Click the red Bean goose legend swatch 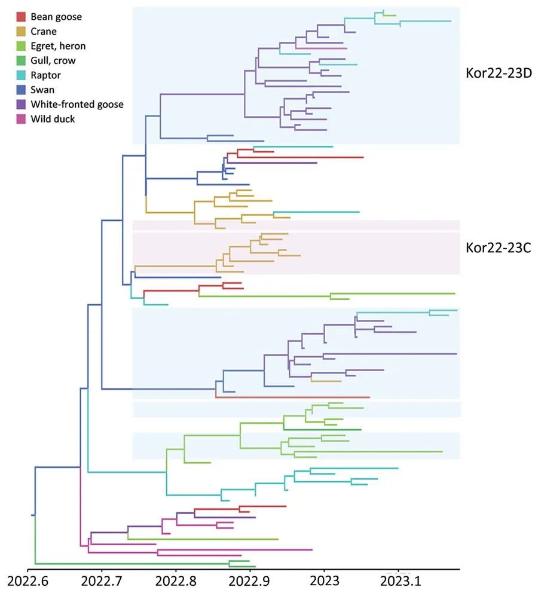(x=21, y=17)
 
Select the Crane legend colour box (x=21, y=32)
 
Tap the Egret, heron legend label (x=58, y=46)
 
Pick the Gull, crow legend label (x=53, y=60)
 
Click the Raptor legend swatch (x=21, y=75)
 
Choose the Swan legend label (x=42, y=90)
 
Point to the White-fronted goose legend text (x=77, y=104)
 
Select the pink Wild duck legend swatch (x=21, y=119)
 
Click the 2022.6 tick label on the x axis (x=28, y=580)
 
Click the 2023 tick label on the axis (x=324, y=580)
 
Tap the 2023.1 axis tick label (x=398, y=580)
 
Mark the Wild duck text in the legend (x=52, y=119)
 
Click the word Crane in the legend (x=44, y=32)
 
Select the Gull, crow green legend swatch (x=21, y=60)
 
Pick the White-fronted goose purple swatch (x=21, y=104)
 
